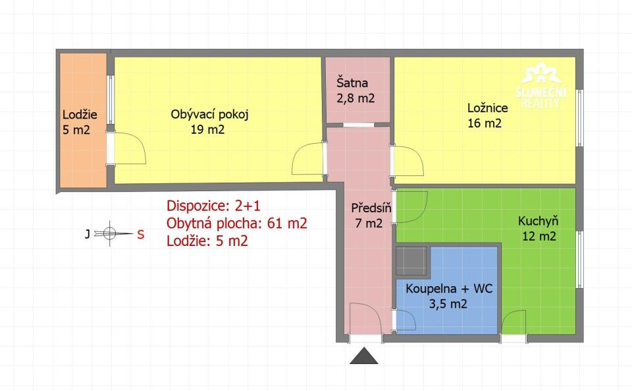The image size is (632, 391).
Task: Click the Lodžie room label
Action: coord(80,115)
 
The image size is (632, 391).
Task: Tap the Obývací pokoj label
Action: coord(209,114)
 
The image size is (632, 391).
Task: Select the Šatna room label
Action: coord(352,82)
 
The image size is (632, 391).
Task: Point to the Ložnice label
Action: coord(488,107)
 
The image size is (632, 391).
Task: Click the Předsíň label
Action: coord(371,208)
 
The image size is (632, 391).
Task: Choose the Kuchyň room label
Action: coord(538,221)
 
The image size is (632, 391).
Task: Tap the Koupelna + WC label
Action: coord(449,289)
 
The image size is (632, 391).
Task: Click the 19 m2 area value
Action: coord(207,129)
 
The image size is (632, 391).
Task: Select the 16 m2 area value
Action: coord(485,123)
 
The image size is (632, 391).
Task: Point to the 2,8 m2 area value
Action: coord(356,98)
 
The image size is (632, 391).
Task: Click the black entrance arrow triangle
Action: coord(364,356)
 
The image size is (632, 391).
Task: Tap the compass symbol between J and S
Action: coord(110,233)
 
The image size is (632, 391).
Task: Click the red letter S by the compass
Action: coord(140,235)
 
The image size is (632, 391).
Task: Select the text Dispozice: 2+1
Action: coord(213,206)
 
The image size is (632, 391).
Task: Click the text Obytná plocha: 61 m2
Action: coord(237,223)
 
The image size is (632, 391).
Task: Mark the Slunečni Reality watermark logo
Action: coord(541,86)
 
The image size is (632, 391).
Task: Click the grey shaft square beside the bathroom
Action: coord(411,260)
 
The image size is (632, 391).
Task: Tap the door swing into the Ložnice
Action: coord(408,161)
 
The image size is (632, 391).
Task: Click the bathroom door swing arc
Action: coord(406,320)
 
